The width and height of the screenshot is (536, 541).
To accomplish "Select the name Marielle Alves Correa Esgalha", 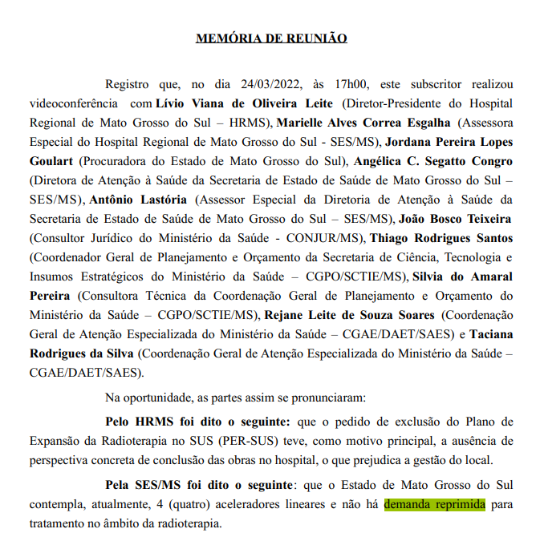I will tap(364, 123).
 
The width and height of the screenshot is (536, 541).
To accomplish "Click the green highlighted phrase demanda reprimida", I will tap(435, 506).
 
